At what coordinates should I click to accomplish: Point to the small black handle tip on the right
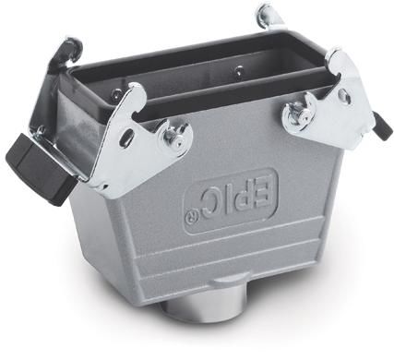pyautogui.click(x=382, y=127)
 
